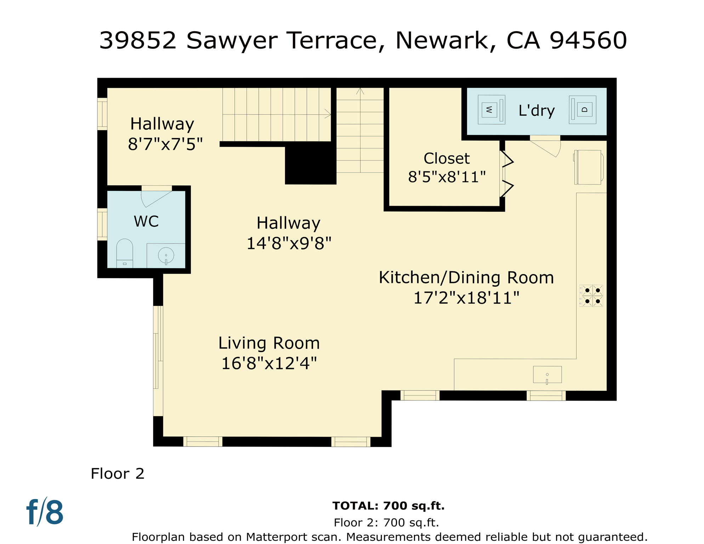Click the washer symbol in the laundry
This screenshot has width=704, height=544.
pyautogui.click(x=491, y=109)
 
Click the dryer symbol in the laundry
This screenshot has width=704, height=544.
pyautogui.click(x=583, y=109)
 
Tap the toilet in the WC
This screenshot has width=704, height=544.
pyautogui.click(x=125, y=253)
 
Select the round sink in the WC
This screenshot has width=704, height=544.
pyautogui.click(x=166, y=255)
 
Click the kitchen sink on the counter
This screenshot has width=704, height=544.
pyautogui.click(x=547, y=375)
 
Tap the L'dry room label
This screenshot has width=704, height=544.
pyautogui.click(x=536, y=110)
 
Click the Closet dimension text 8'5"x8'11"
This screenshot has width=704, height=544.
pyautogui.click(x=447, y=177)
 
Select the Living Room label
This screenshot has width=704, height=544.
pyautogui.click(x=269, y=343)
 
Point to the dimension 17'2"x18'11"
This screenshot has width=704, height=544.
pyautogui.click(x=466, y=298)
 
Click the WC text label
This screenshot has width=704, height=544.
pyautogui.click(x=146, y=221)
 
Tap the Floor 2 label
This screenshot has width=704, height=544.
pyautogui.click(x=118, y=474)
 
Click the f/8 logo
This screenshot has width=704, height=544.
pyautogui.click(x=45, y=512)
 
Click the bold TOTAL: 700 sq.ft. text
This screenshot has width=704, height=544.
pyautogui.click(x=388, y=506)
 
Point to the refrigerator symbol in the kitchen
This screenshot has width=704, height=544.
pyautogui.click(x=589, y=167)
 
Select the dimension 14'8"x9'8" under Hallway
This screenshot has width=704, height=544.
pyautogui.click(x=289, y=244)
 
